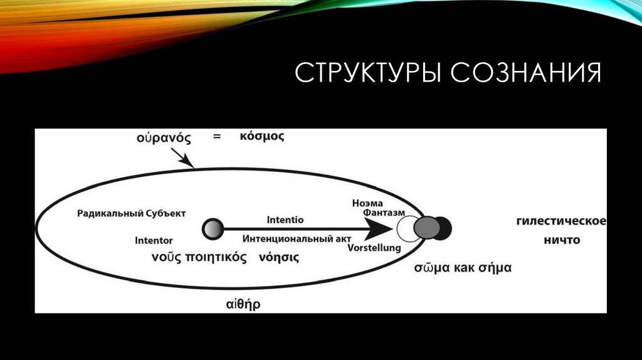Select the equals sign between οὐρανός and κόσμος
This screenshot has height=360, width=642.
[x=217, y=136]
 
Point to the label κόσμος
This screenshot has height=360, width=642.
[x=261, y=136]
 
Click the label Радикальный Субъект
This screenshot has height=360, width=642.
[x=132, y=213]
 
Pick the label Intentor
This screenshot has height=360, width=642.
[x=154, y=240]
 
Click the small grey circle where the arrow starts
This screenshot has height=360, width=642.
[x=213, y=228]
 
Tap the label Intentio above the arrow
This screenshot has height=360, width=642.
[x=285, y=220]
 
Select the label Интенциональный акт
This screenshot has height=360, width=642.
[x=297, y=239]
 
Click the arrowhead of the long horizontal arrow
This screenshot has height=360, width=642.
[x=378, y=229]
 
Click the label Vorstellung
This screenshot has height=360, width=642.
[x=374, y=248]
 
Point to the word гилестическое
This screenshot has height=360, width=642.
[x=561, y=221]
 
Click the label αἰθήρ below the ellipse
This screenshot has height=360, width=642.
[x=243, y=305]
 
